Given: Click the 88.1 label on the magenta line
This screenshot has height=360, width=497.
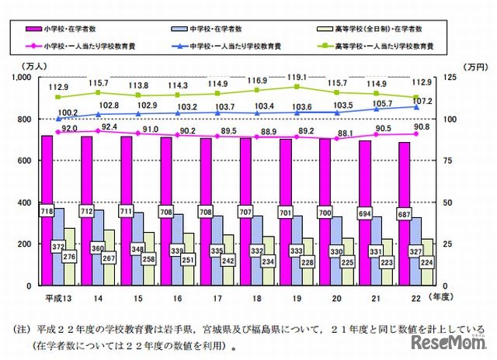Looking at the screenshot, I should pyautogui.click(x=340, y=132).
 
